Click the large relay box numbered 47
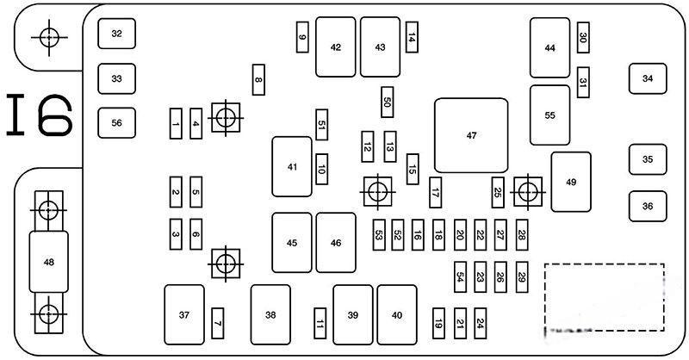coord(471,135)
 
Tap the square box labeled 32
coord(116,34)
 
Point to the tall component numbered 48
coord(48,262)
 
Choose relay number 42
coord(335,47)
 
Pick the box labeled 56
coord(116,122)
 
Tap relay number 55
coord(549,115)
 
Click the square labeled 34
coord(648,78)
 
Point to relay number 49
coord(570,182)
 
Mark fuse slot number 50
coord(388,102)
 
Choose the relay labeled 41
coord(292,166)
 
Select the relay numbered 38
coord(270,314)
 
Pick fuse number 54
coord(460,276)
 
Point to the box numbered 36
coord(648,206)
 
